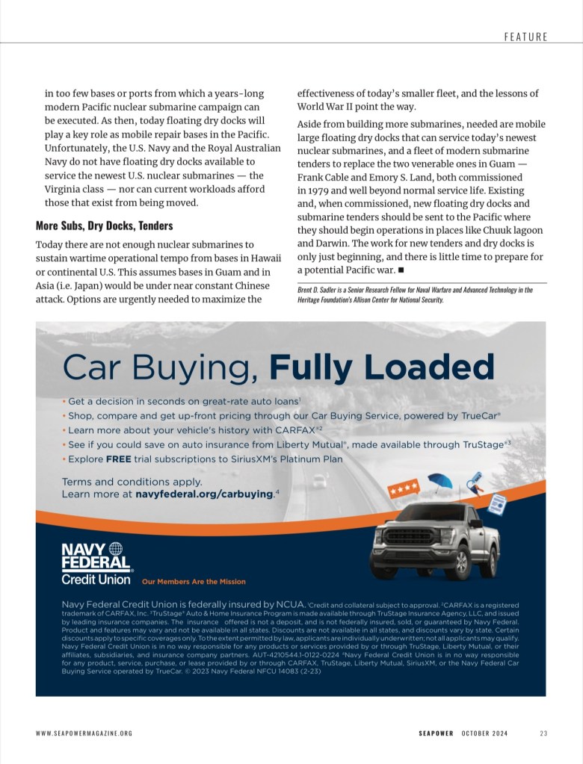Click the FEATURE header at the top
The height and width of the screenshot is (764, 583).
[525, 36]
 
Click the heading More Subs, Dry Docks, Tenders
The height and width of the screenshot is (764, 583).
[104, 226]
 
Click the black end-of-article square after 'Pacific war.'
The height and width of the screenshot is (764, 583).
[401, 270]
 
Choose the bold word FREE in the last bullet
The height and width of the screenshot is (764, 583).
[118, 459]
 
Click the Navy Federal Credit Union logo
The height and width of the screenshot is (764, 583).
[96, 565]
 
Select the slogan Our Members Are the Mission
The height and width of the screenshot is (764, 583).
[194, 582]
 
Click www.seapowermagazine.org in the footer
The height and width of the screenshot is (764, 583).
[84, 733]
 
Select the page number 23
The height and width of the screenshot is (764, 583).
[543, 733]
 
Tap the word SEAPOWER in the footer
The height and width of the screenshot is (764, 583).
[435, 733]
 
